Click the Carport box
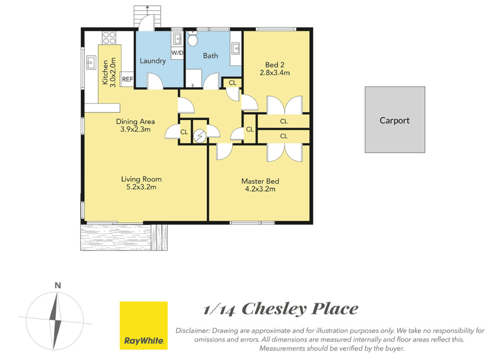tap(395, 120)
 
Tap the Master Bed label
tap(260, 181)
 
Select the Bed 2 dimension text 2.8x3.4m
tap(275, 73)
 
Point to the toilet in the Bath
tap(192, 39)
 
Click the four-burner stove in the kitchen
tap(109, 38)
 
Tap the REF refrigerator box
tap(127, 79)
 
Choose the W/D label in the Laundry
tap(177, 53)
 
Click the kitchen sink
tap(91, 62)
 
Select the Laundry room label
tap(153, 61)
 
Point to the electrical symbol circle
tap(199, 136)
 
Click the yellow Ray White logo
tap(143, 325)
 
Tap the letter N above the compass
tap(58, 285)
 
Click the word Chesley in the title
tap(273, 309)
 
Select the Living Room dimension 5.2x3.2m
tap(141, 187)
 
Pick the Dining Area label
tap(135, 121)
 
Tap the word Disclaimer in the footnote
tap(192, 331)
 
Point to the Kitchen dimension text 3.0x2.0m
tap(113, 72)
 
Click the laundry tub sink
tap(177, 39)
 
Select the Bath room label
tap(210, 56)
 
